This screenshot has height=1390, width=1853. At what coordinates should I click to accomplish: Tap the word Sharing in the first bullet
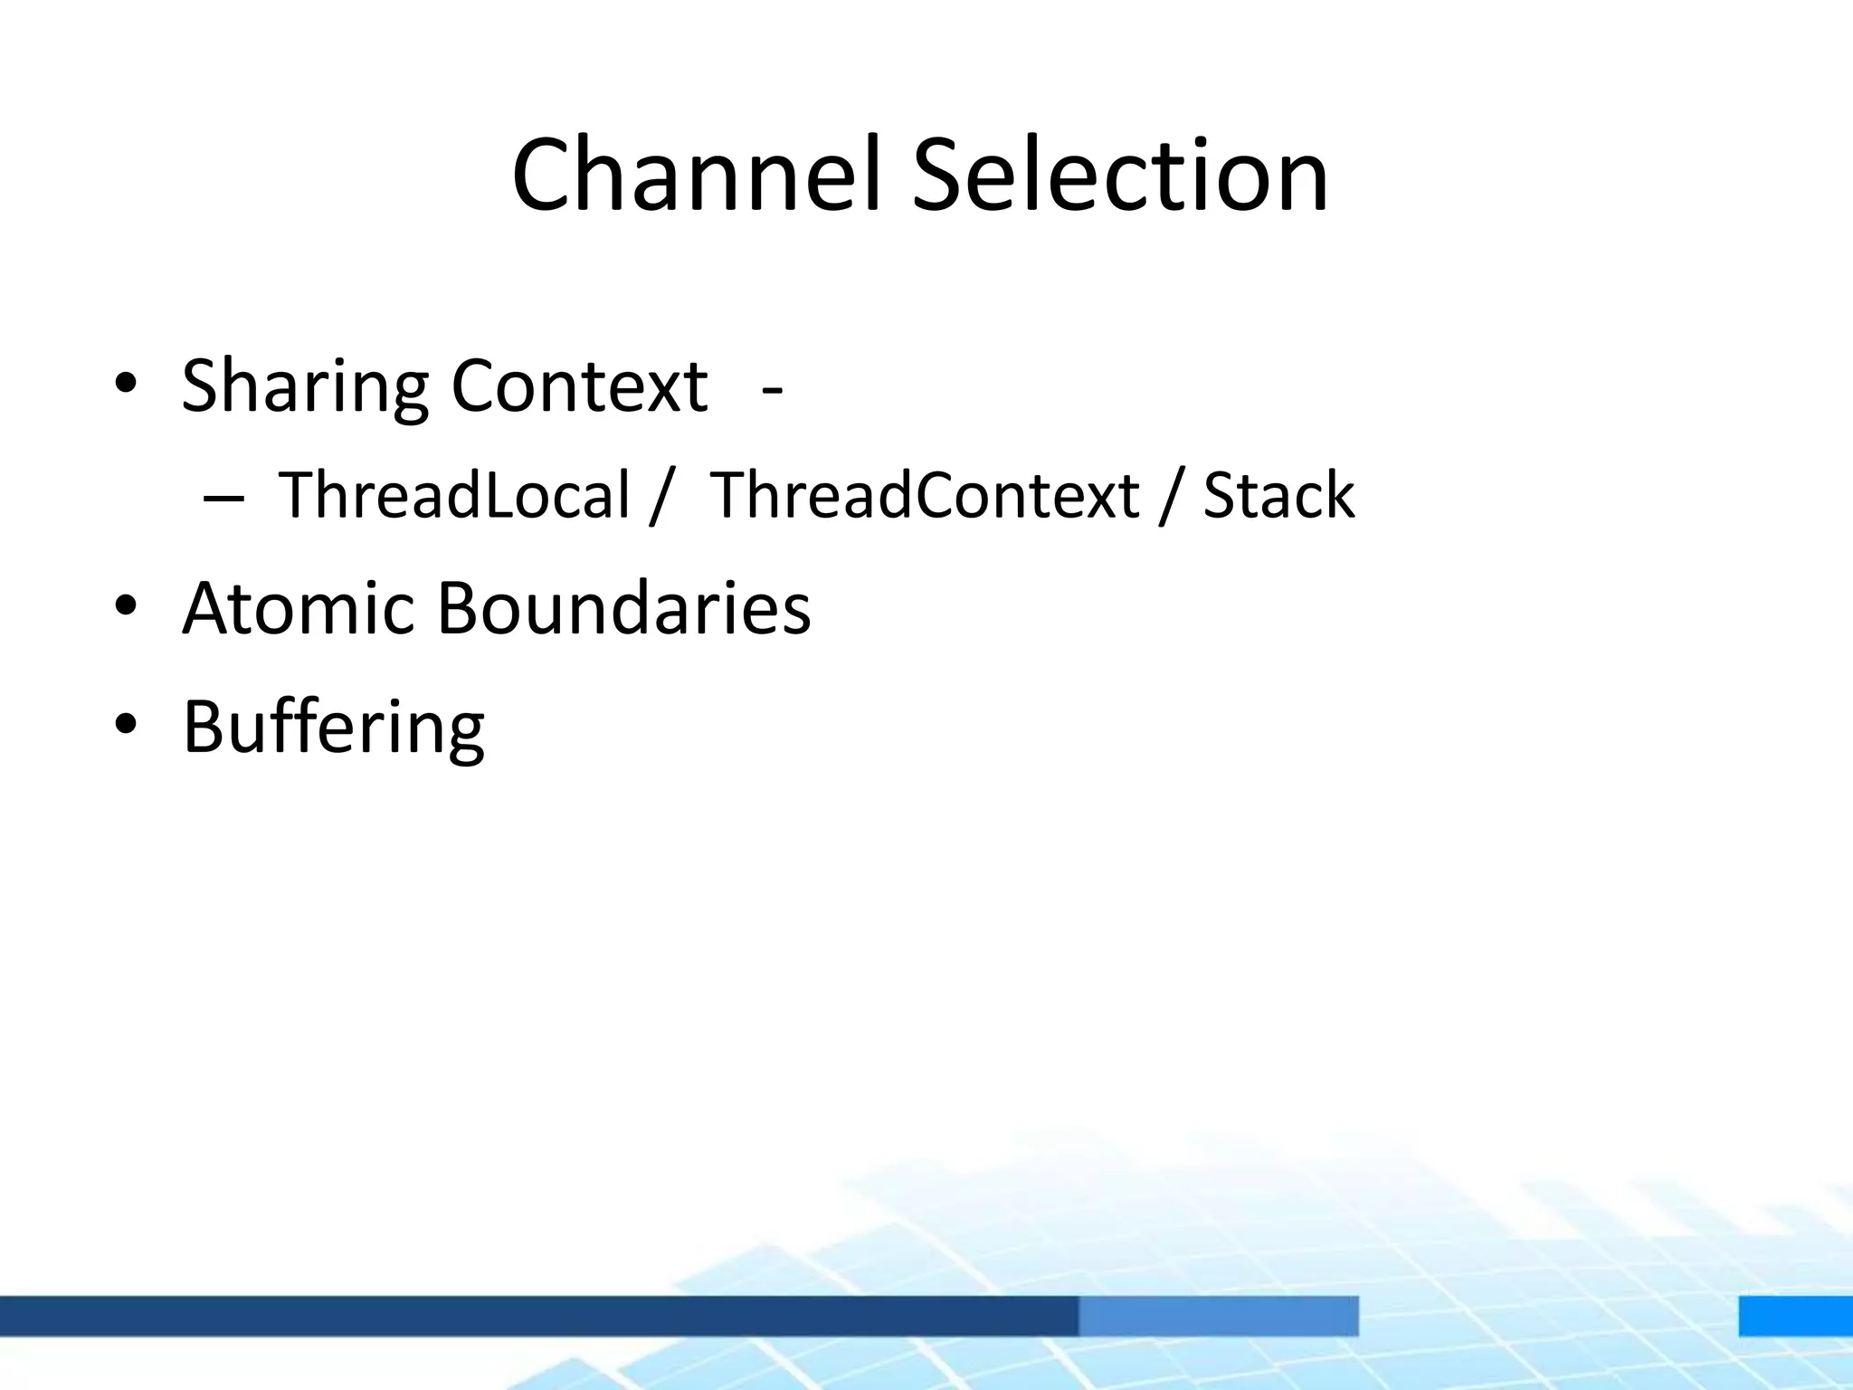click(x=304, y=387)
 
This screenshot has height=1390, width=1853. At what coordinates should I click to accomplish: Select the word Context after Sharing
click(x=579, y=386)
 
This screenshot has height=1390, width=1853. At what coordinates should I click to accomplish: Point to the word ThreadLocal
click(x=453, y=495)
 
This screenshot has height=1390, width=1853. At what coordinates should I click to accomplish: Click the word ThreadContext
click(x=925, y=495)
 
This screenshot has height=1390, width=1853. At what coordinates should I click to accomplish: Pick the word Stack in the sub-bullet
click(x=1278, y=495)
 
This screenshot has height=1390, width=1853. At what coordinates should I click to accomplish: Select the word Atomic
click(x=298, y=607)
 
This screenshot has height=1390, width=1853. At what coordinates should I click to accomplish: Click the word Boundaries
click(x=623, y=607)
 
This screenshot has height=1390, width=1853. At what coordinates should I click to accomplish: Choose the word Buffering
click(x=333, y=727)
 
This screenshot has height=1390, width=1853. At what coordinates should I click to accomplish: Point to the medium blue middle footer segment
click(x=1218, y=1315)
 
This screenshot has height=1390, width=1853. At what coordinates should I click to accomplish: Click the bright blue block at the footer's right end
click(x=1795, y=1315)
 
